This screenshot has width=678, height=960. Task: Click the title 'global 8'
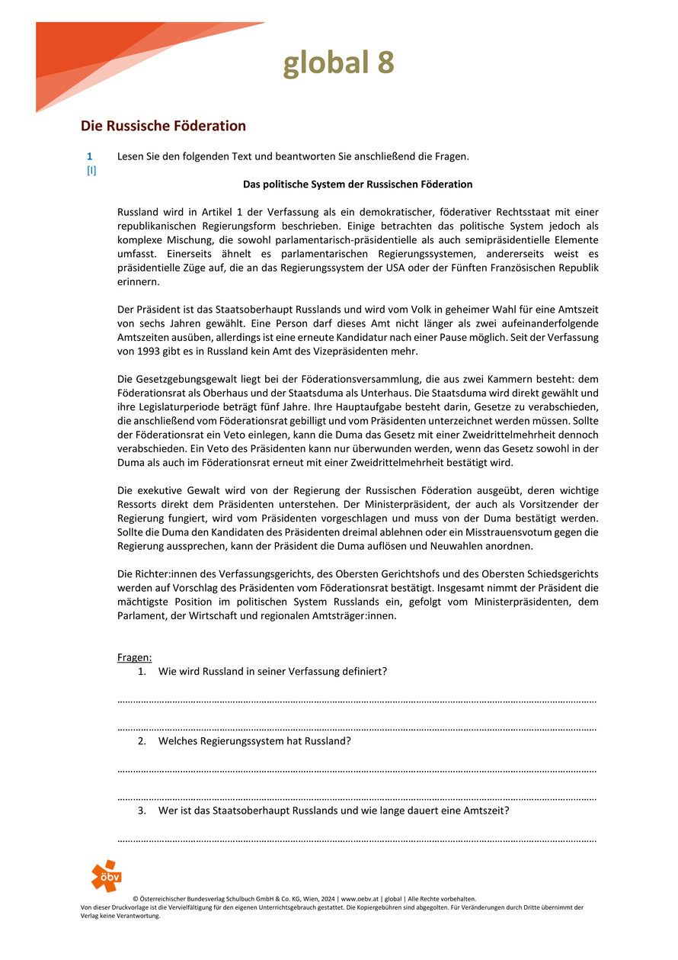(x=338, y=63)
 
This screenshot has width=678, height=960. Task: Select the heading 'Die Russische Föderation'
(x=163, y=126)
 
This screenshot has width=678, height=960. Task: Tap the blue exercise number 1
(x=90, y=156)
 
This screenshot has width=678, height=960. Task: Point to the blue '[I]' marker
(x=91, y=171)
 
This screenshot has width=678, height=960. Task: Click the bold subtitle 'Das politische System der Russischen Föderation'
(x=357, y=185)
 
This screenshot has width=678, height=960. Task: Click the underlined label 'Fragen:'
(x=135, y=657)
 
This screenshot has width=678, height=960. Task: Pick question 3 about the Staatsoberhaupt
(x=333, y=811)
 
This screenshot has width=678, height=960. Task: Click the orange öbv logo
(x=106, y=875)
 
